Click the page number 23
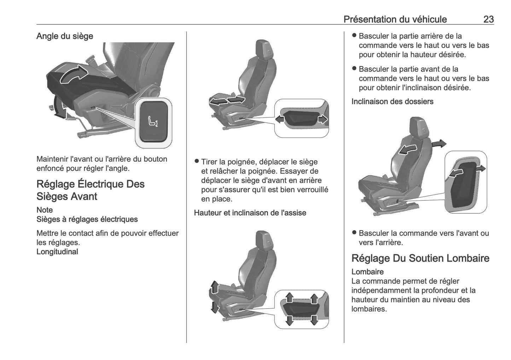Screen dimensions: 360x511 click(x=488, y=19)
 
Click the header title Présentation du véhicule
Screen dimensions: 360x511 click(x=395, y=19)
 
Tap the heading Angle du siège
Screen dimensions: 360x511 click(x=65, y=36)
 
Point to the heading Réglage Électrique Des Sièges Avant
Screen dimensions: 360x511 click(x=91, y=190)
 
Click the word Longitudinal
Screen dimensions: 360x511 click(x=57, y=252)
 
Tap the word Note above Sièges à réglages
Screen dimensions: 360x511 click(x=45, y=210)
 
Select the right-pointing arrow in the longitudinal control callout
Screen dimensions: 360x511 click(x=323, y=119)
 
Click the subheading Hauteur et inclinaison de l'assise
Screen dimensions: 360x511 click(x=250, y=213)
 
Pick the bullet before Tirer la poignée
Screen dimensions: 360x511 click(x=197, y=162)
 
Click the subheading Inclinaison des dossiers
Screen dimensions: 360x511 click(x=392, y=101)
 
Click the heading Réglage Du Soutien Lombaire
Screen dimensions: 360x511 click(x=420, y=258)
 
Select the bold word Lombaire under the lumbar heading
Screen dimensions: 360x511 click(x=367, y=272)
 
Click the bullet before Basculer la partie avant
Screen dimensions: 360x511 click(x=354, y=69)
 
